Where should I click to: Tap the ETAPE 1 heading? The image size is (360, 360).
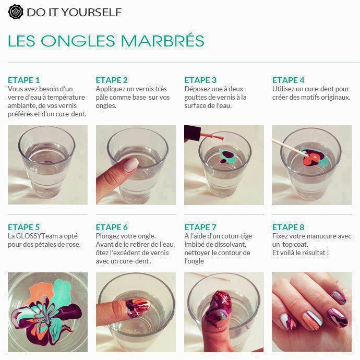(x=24, y=80)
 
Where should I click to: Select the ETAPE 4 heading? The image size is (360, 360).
(x=289, y=80)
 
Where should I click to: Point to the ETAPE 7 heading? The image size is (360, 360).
(x=200, y=227)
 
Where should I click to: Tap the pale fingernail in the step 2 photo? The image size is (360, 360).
(x=129, y=165)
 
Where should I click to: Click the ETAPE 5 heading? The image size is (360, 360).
(x=24, y=227)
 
